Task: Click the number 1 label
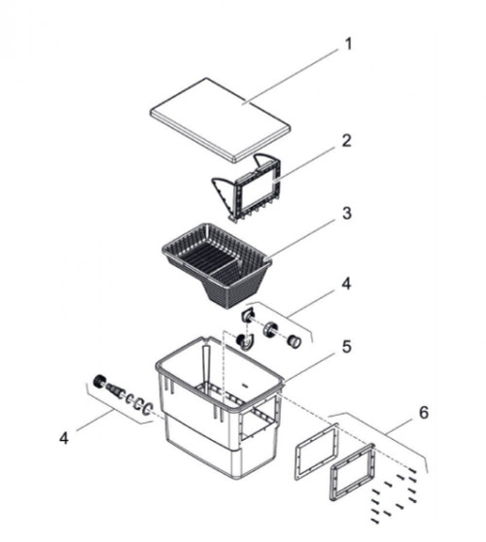(348, 45)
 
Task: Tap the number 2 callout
(346, 141)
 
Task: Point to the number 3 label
(347, 214)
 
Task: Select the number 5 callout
(347, 347)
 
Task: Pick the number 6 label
(424, 413)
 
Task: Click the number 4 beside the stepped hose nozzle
(64, 438)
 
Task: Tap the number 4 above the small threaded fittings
(346, 284)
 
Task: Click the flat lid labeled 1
(221, 119)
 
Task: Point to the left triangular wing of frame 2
(224, 195)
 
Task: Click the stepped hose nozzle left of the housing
(116, 390)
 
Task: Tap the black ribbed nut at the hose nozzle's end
(99, 382)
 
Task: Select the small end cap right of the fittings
(295, 342)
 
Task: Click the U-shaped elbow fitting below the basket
(245, 342)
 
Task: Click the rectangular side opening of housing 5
(258, 420)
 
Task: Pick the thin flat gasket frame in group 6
(316, 451)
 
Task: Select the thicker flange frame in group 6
(352, 472)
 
